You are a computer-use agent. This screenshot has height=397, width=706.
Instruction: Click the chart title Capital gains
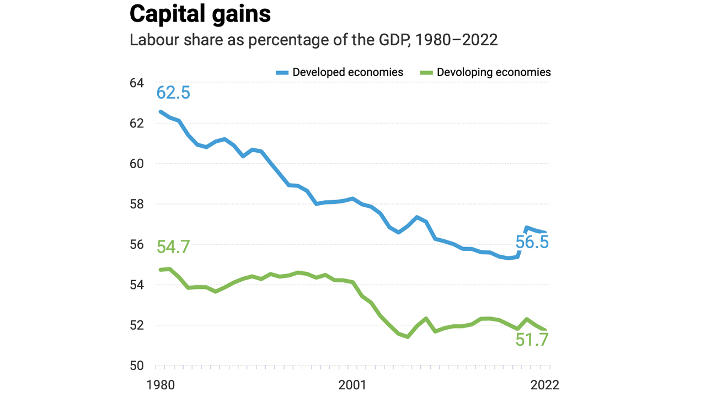[x=200, y=14]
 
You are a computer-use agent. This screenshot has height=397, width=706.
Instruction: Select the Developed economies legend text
[x=347, y=72]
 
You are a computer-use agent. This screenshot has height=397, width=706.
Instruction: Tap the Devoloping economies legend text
[x=494, y=72]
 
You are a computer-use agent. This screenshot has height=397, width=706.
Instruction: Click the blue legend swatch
[x=282, y=72]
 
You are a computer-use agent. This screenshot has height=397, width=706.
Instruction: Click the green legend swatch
[x=426, y=72]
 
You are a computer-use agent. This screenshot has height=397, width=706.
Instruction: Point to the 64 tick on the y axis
[x=137, y=83]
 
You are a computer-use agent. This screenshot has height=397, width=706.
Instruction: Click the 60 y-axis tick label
[x=137, y=164]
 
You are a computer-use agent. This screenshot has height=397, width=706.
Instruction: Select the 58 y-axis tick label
[x=137, y=204]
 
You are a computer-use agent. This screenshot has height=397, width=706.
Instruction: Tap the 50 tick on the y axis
[x=137, y=366]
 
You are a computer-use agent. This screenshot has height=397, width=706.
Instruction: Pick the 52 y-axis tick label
[x=137, y=325]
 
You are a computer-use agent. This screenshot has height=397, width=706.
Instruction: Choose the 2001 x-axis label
[x=352, y=384]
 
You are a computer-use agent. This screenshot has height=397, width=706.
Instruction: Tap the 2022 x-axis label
[x=544, y=384]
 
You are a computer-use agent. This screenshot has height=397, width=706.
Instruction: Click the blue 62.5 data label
[x=173, y=92]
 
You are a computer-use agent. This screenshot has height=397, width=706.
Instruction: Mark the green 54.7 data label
[x=173, y=247]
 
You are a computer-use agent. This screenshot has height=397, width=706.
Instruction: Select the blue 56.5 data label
[x=532, y=242]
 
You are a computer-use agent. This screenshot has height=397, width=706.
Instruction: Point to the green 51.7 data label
[x=532, y=340]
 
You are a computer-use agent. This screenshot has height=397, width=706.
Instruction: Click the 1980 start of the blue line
[x=161, y=111]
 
